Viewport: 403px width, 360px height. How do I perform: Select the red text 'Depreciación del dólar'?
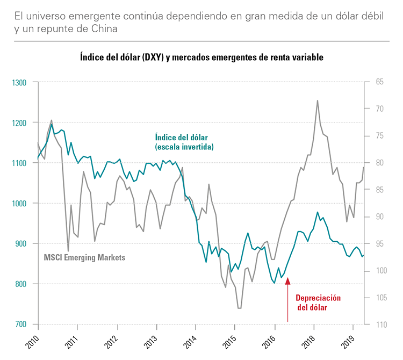(318, 303)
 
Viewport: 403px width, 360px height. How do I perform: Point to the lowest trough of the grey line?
(239, 308)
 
